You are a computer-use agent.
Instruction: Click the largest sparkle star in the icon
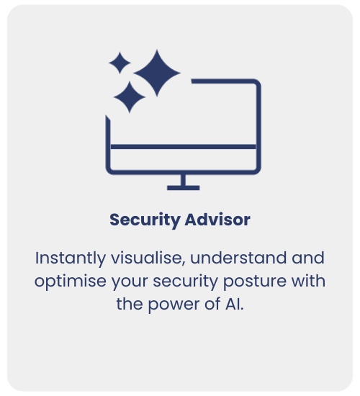pos(157,73)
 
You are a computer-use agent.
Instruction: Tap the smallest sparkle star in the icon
pos(120,63)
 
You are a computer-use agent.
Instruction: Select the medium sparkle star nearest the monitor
pos(130,97)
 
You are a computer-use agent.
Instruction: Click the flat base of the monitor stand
pos(184,188)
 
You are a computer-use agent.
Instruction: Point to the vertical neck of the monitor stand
pos(184,180)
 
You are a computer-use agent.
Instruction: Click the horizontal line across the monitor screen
pos(184,147)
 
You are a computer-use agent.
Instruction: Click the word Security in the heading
pos(145,220)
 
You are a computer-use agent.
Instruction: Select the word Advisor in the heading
pos(217,220)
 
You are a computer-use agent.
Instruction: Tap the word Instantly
pos(71,258)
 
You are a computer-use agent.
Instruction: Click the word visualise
pos(148,258)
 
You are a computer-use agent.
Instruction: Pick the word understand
pos(238,258)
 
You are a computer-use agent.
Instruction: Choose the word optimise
pos(71,282)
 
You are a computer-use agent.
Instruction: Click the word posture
pos(255,282)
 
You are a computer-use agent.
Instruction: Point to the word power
pos(174,305)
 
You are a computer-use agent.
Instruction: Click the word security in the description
pos(185,282)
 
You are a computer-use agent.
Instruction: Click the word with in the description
pos(308,281)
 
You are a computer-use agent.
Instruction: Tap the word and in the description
pos(308,258)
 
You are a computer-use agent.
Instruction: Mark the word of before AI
pos(212,304)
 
